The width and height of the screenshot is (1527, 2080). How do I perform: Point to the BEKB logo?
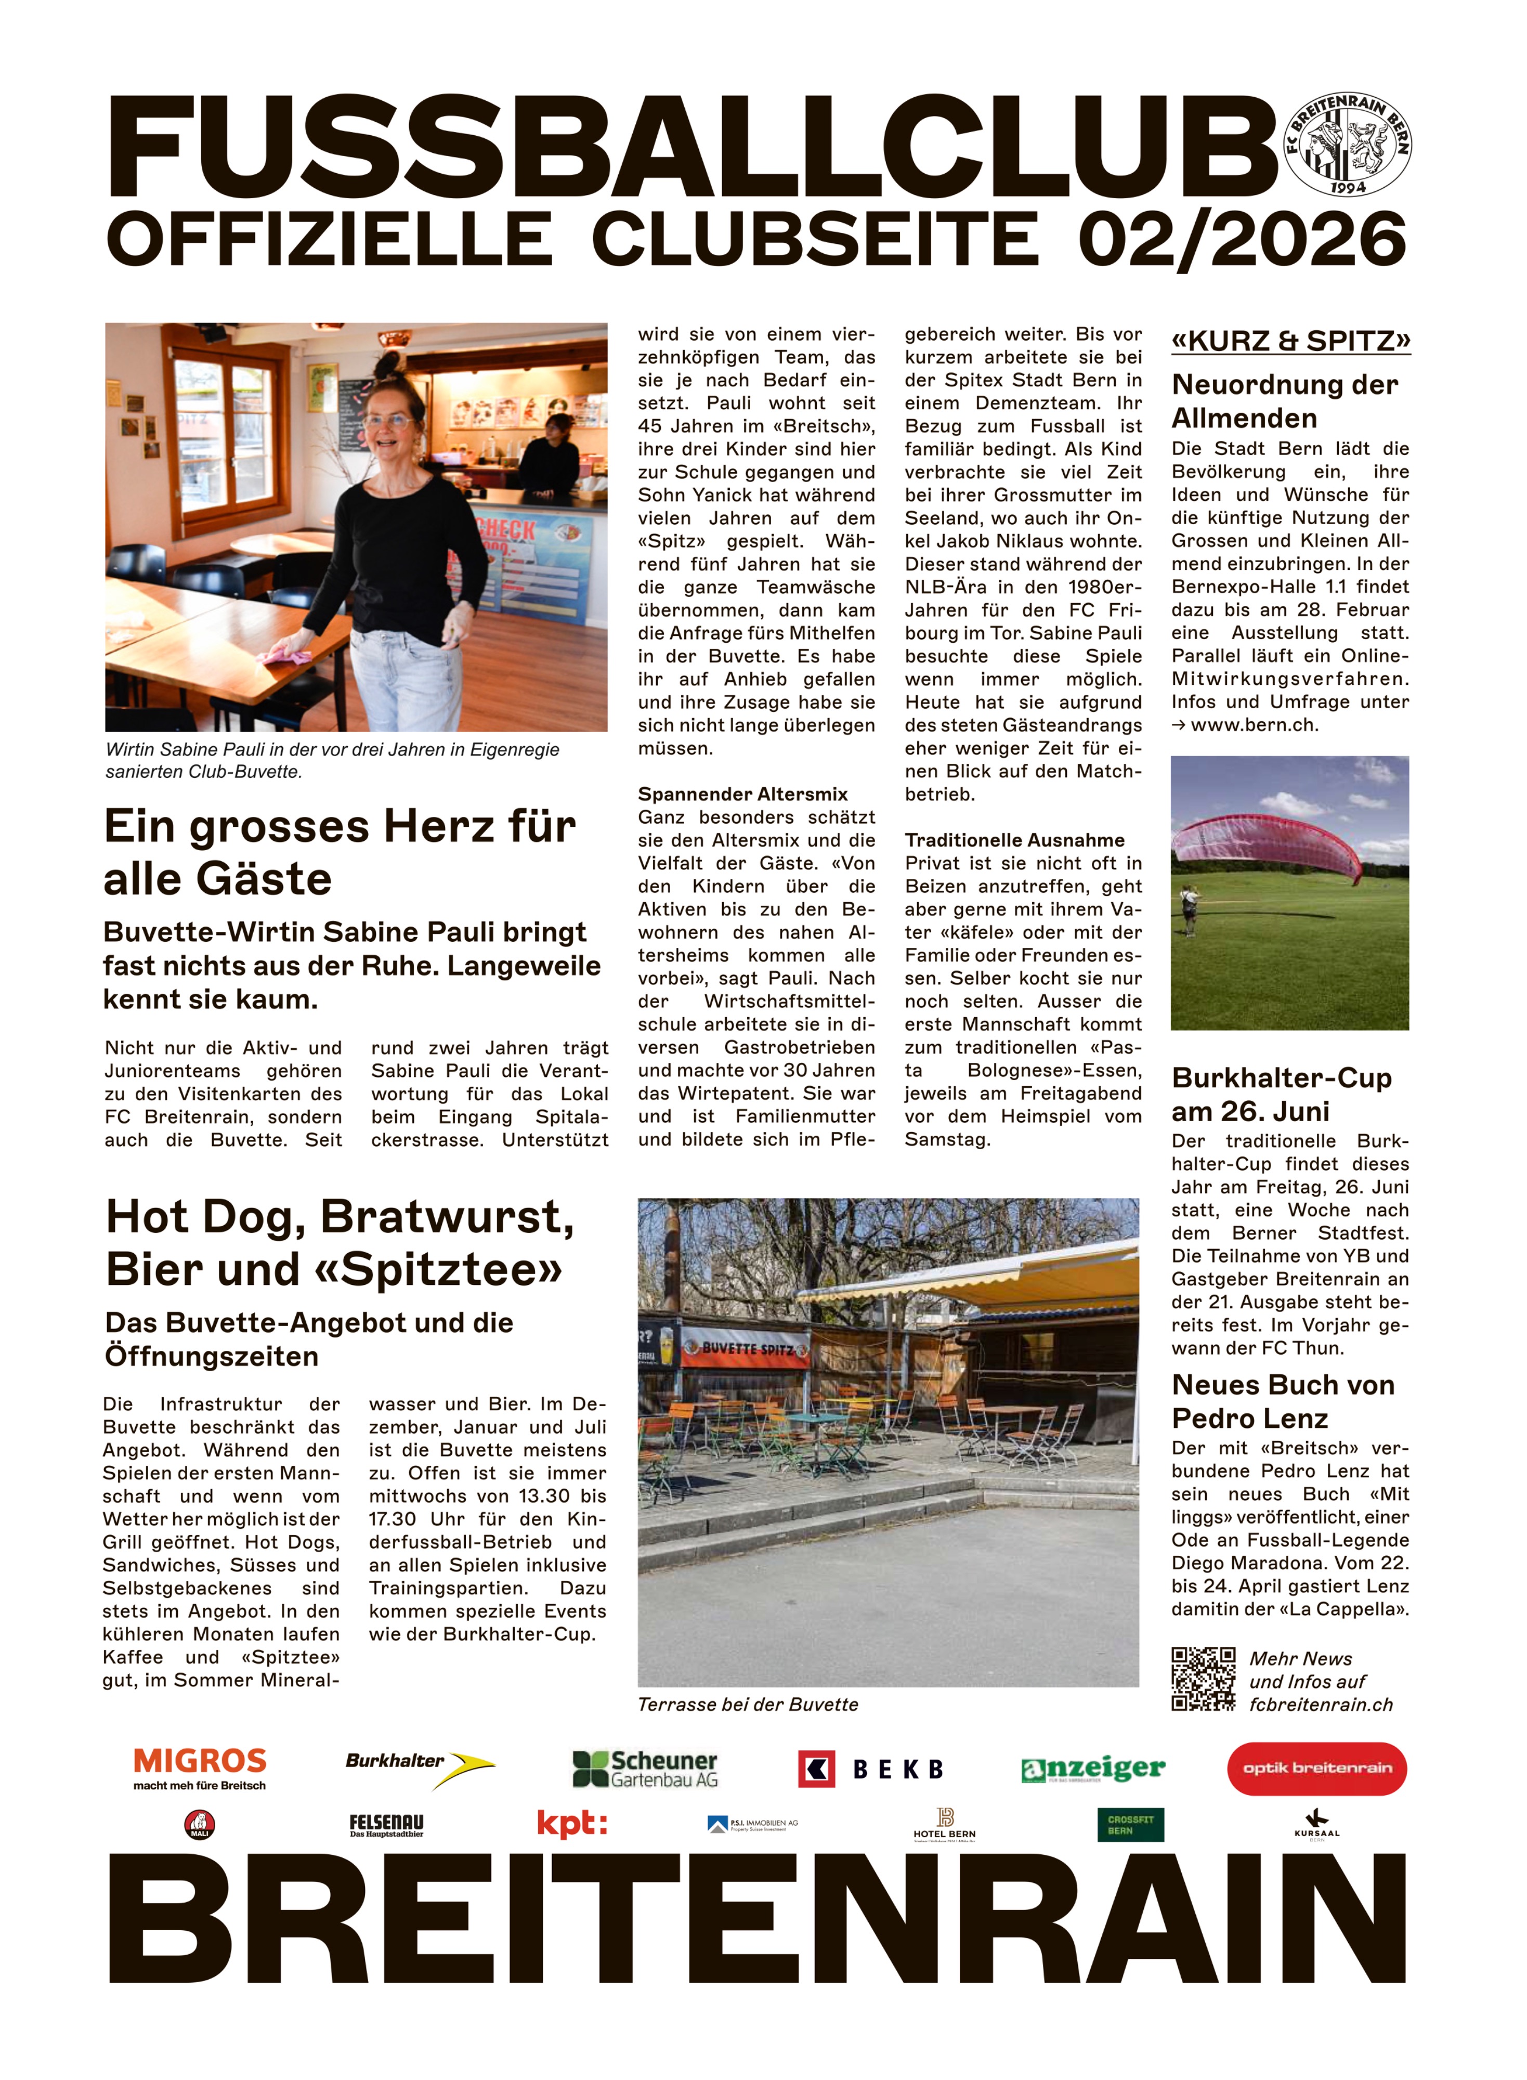tap(872, 1769)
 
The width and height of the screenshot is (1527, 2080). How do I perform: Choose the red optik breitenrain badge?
tap(1316, 1769)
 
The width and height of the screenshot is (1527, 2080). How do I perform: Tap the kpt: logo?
tap(572, 1824)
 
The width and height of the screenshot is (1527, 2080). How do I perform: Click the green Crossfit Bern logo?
tap(1130, 1825)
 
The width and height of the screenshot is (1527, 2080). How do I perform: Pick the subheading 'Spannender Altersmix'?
tap(742, 794)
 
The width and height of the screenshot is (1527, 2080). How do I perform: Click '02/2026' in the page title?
tap(1242, 239)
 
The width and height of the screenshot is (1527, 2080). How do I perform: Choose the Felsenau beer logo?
tap(386, 1825)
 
